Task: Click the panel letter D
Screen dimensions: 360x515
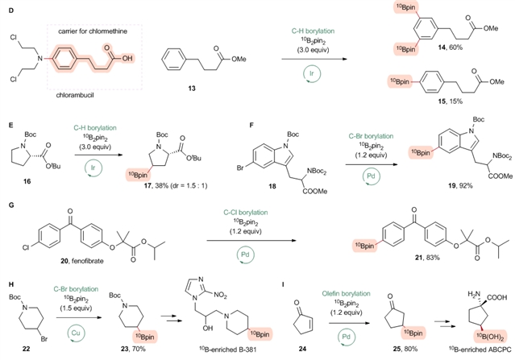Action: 4,10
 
